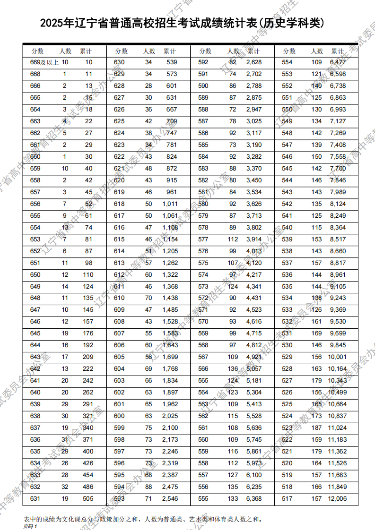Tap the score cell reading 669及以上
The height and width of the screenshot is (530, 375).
click(42, 62)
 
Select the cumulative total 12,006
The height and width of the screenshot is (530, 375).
click(338, 499)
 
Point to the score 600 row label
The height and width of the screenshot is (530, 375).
click(119, 416)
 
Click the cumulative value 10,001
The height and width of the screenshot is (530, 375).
click(338, 357)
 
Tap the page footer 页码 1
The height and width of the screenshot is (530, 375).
click(30, 526)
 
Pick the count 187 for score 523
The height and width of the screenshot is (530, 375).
click(316, 428)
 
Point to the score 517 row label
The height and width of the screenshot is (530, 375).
click(287, 499)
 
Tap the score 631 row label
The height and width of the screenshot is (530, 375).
click(35, 499)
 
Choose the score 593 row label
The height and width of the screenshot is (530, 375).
click(119, 499)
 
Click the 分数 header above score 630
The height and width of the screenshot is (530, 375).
click(122, 51)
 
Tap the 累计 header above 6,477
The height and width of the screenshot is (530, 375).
click(338, 51)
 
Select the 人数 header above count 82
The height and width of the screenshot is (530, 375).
click(233, 51)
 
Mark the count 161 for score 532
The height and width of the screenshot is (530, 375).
click(316, 322)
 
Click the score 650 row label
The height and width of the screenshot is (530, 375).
click(35, 275)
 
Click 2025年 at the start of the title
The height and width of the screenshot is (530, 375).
click(57, 23)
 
